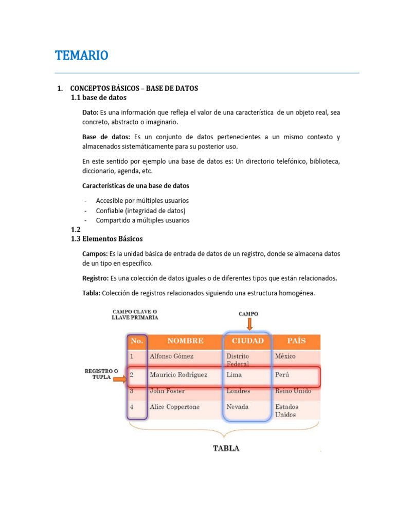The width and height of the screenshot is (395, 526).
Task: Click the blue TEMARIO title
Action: click(x=81, y=55)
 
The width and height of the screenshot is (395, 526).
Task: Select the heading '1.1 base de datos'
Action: click(x=98, y=98)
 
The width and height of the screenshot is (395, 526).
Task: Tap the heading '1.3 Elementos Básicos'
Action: click(x=106, y=239)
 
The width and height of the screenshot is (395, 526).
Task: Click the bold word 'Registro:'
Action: click(x=95, y=278)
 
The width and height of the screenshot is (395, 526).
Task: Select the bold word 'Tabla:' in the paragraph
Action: click(x=92, y=293)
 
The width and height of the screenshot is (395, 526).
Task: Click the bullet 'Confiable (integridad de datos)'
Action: click(x=140, y=211)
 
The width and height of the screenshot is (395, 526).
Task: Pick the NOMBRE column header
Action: click(x=185, y=341)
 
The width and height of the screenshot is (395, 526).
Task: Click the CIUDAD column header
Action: click(x=247, y=341)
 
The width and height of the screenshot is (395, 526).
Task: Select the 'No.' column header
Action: click(x=137, y=341)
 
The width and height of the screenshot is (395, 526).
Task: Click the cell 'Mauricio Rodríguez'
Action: click(x=178, y=375)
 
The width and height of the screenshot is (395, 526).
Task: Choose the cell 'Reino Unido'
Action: click(x=293, y=391)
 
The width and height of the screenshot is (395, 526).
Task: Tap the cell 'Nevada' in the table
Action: click(x=238, y=407)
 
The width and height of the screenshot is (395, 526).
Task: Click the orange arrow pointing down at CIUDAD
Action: click(x=248, y=324)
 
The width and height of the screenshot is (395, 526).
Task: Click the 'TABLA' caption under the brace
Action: click(x=226, y=448)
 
